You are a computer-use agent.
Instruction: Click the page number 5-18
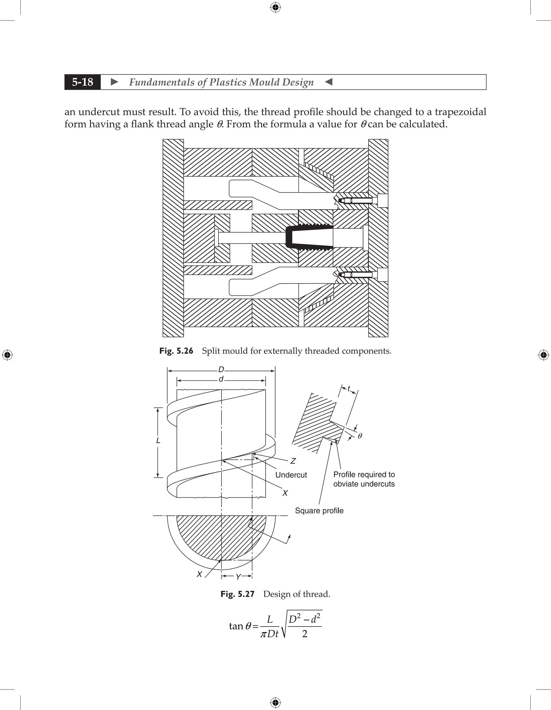(x=83, y=82)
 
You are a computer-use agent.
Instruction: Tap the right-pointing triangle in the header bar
(x=114, y=82)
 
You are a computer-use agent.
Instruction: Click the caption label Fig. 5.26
(x=176, y=351)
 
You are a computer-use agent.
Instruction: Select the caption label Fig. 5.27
(x=237, y=594)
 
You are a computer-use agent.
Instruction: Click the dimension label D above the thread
(x=221, y=370)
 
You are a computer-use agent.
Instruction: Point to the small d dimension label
(x=221, y=379)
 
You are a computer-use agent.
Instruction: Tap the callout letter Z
(x=293, y=461)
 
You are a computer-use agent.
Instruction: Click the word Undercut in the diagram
(x=291, y=475)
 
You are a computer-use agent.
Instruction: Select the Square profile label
(x=319, y=511)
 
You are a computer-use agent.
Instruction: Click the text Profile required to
(x=364, y=475)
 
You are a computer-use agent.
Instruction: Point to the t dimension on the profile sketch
(x=349, y=388)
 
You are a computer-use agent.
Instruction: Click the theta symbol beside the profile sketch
(x=360, y=436)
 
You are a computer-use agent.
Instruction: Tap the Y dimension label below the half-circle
(x=238, y=577)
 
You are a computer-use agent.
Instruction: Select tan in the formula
(x=236, y=626)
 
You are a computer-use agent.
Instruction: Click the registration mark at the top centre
(x=275, y=7)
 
